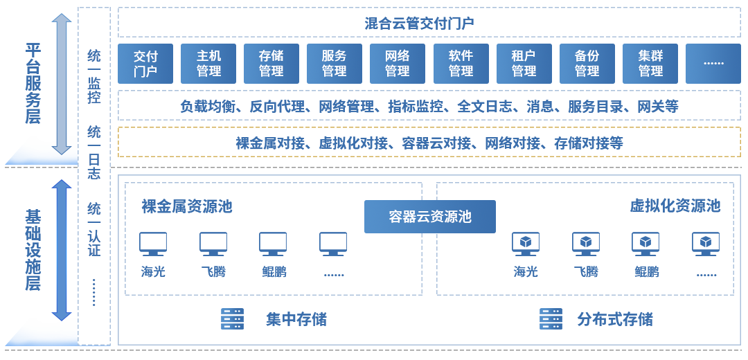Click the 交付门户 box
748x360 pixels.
(145, 63)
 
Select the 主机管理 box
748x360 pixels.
(208, 63)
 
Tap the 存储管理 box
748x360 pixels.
(271, 63)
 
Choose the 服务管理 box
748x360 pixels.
(334, 63)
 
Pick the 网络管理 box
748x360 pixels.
(397, 63)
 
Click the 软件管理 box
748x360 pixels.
(461, 63)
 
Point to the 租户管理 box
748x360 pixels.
(524, 63)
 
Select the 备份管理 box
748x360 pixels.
(587, 63)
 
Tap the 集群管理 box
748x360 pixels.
(650, 63)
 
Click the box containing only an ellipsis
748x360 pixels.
(713, 63)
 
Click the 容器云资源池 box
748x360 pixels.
(430, 217)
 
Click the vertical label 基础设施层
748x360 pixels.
(33, 251)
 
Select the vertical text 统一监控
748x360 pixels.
(94, 76)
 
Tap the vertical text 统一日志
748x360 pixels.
(94, 152)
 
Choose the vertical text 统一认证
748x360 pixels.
(94, 229)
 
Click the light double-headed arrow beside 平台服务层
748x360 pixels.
(62, 83)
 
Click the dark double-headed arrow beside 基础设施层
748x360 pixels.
(62, 250)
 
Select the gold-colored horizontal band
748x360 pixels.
(429, 142)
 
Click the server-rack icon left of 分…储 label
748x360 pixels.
(551, 318)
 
